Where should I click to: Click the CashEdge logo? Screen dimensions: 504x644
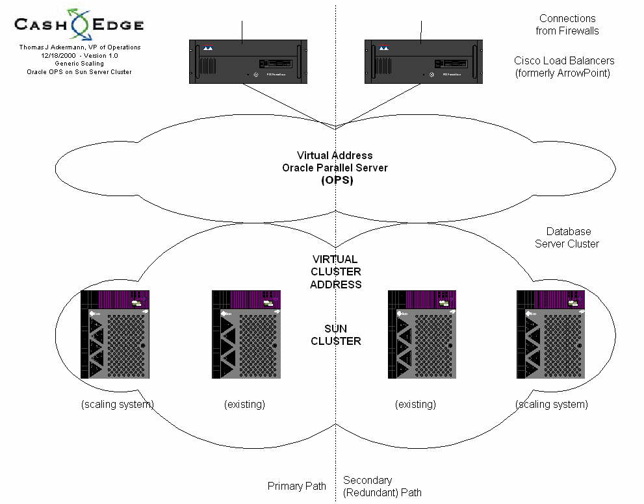79,25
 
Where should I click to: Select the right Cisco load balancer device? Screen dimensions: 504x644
422,61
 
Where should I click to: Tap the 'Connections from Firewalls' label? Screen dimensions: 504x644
567,25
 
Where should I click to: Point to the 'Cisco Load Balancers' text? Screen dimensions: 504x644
563,60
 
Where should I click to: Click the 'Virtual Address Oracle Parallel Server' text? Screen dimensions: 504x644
335,162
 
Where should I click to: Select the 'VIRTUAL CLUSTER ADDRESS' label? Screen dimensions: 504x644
335,271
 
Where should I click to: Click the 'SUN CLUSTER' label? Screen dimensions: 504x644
335,334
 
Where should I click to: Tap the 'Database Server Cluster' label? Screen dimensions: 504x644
567,238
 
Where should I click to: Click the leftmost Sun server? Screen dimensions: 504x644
115,334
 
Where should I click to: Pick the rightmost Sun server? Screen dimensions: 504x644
550,334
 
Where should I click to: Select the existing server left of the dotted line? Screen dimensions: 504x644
246,334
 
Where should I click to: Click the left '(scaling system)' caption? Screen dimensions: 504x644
118,405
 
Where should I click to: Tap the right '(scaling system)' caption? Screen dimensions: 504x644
551,405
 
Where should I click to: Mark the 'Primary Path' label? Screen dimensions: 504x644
296,486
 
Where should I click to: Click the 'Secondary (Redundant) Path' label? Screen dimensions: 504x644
382,486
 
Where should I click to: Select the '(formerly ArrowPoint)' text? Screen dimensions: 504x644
562,72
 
